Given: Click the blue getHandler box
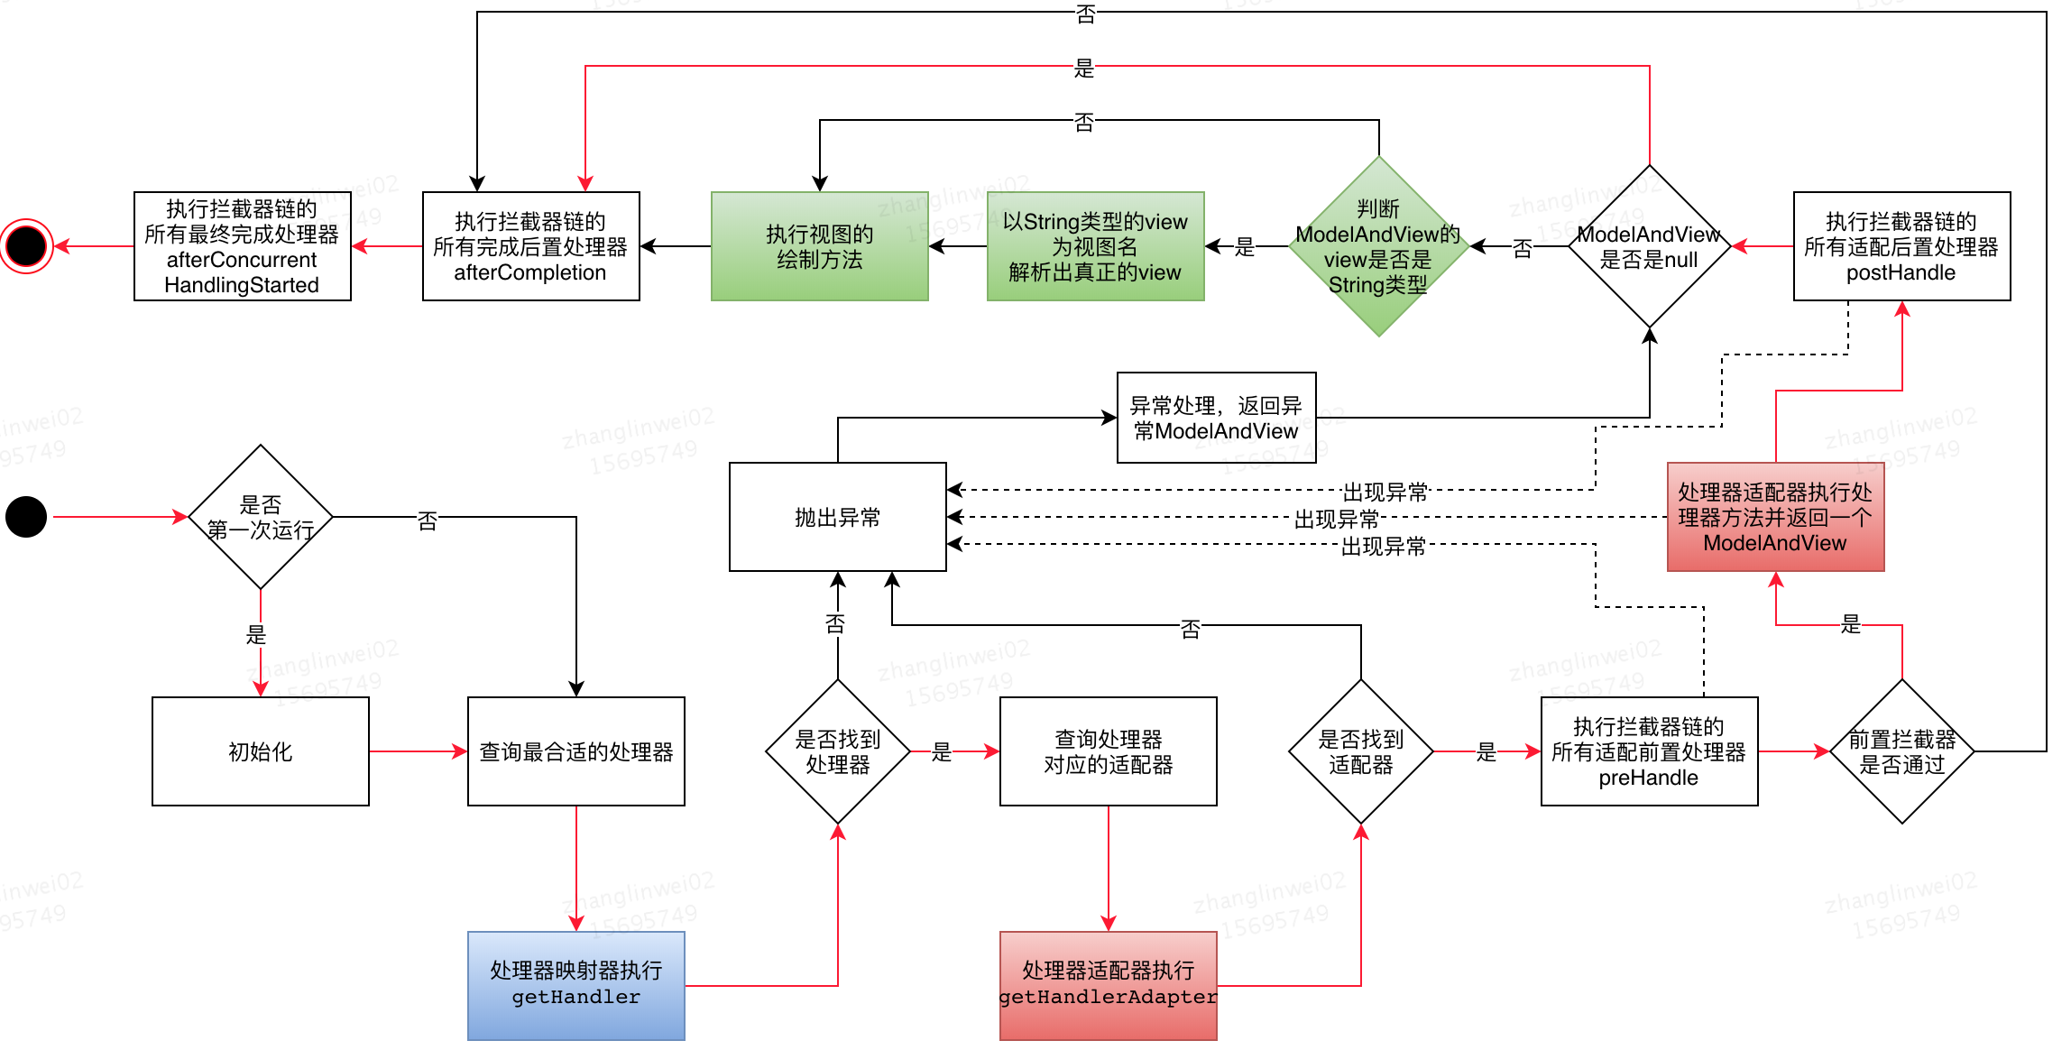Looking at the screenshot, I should pos(575,985).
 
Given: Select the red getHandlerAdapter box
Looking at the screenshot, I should pos(1108,985).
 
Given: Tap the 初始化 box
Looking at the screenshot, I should pos(260,751).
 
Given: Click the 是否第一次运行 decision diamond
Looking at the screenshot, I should pos(260,517).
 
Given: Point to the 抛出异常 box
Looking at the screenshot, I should pos(837,517).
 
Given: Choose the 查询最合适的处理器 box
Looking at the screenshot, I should pos(575,751).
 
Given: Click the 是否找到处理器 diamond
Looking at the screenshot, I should pos(837,751).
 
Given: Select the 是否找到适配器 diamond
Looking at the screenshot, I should pos(1360,751).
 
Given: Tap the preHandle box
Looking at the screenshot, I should pos(1649,751).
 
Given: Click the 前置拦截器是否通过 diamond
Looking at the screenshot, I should pos(1901,751).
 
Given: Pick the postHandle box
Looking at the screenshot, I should pos(1901,246).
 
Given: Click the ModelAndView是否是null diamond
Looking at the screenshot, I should pos(1649,246).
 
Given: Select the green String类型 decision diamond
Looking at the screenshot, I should pos(1378,246).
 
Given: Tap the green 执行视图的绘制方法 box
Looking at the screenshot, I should pos(819,246).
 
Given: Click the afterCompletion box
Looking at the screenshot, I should pos(530,246).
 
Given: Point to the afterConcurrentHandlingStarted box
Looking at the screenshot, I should pos(242,246).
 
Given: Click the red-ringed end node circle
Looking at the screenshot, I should pos(26,246).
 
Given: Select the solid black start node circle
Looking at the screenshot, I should pos(26,517).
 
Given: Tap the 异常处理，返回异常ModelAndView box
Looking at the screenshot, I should pos(1216,418).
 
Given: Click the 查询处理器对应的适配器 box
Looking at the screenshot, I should pos(1108,751).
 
